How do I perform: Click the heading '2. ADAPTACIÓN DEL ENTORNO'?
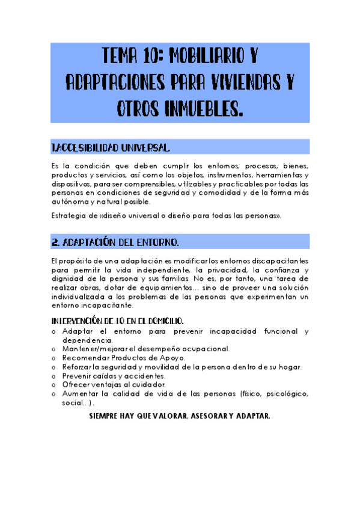pos(115,242)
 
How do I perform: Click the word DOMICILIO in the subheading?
pos(157,321)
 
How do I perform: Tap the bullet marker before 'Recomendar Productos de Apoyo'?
pos(54,358)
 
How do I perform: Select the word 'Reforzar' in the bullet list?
pos(78,367)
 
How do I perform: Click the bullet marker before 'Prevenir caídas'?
pos(54,376)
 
